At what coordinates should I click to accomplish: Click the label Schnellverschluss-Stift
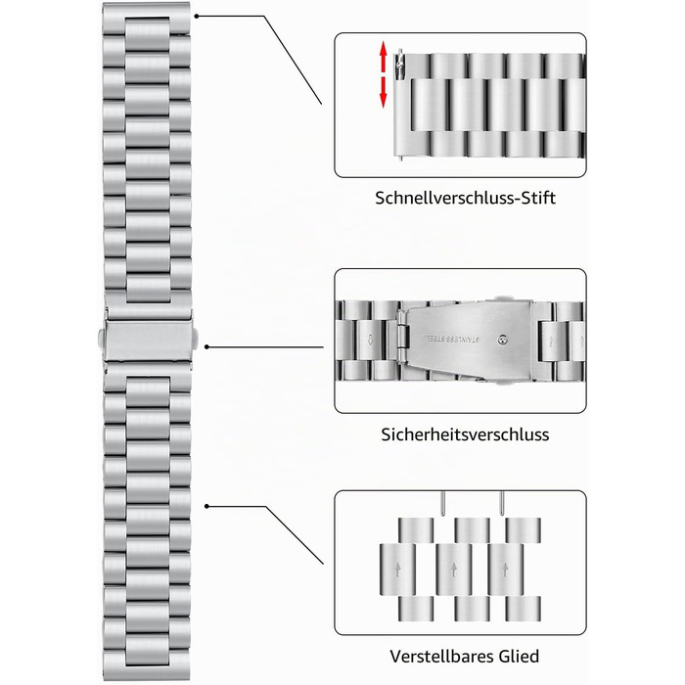point(465,198)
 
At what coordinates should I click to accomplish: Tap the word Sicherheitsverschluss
point(465,434)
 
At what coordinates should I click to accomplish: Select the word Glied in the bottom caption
point(518,657)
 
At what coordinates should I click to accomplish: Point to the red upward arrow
point(384,55)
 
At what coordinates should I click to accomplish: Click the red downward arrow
point(384,92)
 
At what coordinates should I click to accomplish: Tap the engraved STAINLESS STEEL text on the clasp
point(452,338)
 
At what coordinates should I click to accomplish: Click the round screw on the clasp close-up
point(503,339)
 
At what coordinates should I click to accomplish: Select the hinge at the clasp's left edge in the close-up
point(403,337)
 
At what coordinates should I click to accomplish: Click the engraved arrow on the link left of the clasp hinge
point(370,340)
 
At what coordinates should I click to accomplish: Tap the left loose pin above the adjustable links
point(443,504)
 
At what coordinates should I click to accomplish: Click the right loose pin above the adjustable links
point(502,504)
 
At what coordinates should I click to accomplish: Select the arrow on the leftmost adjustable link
point(397,570)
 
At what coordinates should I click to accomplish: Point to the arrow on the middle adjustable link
point(454,570)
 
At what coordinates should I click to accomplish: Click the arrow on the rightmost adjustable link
point(506,570)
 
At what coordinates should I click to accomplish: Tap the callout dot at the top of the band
point(197,17)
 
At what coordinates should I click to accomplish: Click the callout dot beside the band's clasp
point(207,346)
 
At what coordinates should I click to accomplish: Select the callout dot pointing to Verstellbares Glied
point(207,506)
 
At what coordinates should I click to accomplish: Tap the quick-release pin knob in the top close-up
point(398,66)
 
